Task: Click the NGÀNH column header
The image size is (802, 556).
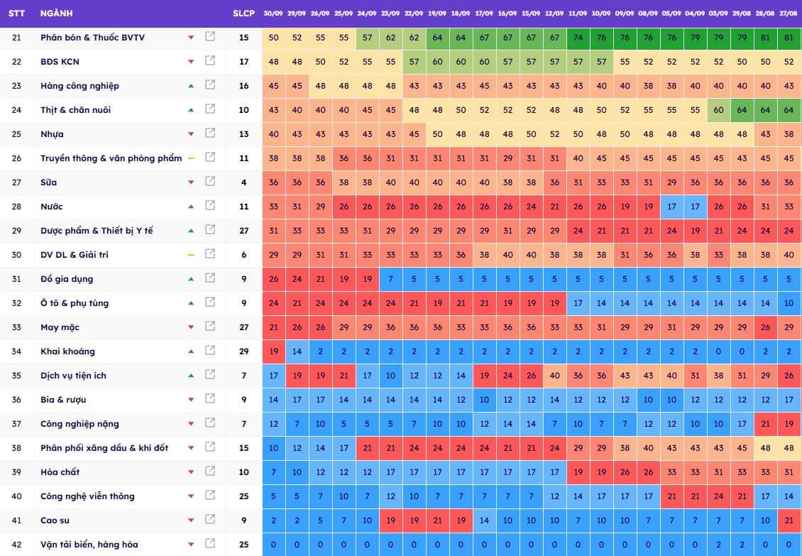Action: point(56,13)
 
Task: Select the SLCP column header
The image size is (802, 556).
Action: point(243,13)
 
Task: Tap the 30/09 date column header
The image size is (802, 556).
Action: point(273,13)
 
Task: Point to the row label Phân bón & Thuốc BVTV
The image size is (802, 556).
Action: point(92,38)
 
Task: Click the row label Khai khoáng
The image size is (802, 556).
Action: point(67,351)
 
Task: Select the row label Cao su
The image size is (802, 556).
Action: point(55,520)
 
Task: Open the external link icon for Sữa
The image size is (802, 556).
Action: point(210,182)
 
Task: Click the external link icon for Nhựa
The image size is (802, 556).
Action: point(210,133)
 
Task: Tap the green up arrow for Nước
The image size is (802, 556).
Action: point(191,207)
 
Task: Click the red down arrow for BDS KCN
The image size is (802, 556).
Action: point(191,62)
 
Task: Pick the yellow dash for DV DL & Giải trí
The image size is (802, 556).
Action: point(191,255)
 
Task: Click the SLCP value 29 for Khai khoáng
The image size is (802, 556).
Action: point(244,351)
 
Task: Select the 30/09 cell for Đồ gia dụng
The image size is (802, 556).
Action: point(274,279)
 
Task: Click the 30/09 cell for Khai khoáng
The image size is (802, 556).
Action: point(274,351)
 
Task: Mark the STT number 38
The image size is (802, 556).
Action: point(17,448)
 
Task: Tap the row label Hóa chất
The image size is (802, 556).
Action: point(60,472)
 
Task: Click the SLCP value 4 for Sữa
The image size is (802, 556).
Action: point(244,182)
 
